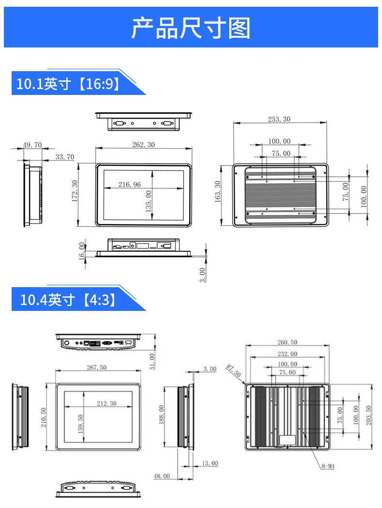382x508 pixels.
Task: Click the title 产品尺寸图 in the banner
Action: click(191, 28)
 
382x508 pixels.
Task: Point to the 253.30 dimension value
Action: click(279, 119)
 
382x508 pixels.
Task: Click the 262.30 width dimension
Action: click(144, 144)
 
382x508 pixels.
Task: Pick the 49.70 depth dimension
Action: click(32, 145)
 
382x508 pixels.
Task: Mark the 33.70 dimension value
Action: click(65, 157)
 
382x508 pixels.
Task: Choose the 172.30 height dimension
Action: click(75, 191)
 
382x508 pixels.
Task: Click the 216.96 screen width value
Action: click(130, 185)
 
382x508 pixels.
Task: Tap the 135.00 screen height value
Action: click(148, 201)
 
